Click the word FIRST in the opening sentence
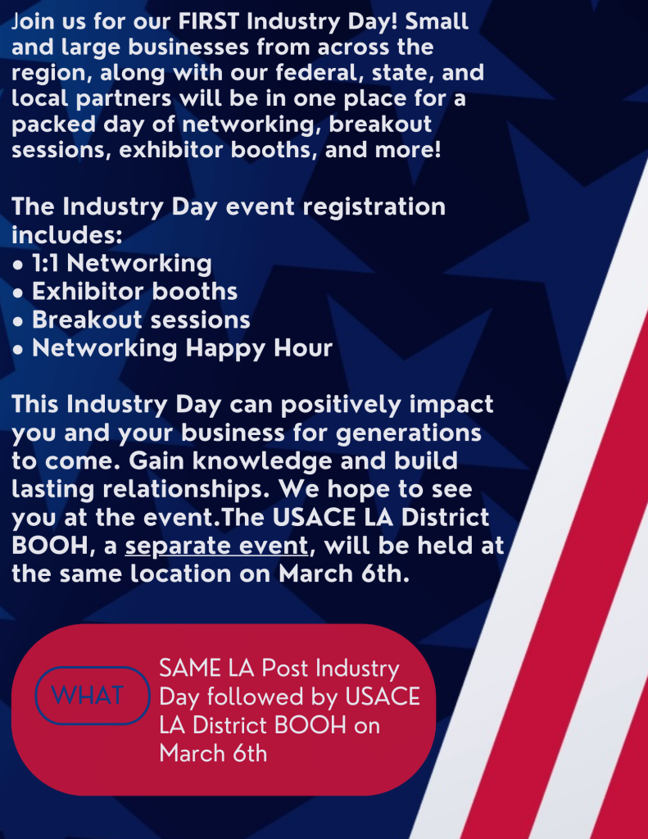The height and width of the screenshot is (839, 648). coord(209,21)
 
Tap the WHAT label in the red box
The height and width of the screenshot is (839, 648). coord(88,695)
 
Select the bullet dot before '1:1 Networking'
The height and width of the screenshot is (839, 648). coord(18,265)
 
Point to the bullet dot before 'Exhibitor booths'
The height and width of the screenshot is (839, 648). coord(18,293)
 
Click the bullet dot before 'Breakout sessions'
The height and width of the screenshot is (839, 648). coord(18,321)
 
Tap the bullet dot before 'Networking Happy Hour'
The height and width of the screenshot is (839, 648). coord(18,350)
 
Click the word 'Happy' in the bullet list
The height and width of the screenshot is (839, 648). coord(225,349)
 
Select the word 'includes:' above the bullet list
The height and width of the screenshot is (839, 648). coord(67,235)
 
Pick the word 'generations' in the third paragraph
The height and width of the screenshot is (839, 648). coord(408,433)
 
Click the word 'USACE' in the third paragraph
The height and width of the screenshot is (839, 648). coord(314,518)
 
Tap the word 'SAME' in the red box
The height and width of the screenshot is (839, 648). coord(190,669)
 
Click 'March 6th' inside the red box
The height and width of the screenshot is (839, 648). coord(213,754)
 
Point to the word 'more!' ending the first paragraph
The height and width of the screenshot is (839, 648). coord(408,150)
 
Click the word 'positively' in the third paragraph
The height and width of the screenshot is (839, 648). coord(341,405)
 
